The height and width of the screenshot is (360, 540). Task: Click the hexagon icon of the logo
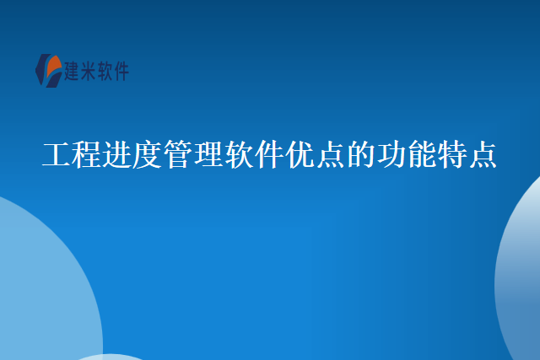point(49,69)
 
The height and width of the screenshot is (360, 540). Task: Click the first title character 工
point(57,155)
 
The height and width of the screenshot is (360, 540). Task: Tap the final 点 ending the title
point(482,155)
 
